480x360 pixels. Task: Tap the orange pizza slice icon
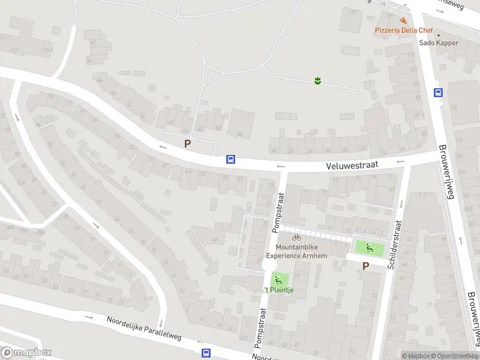tap(401, 20)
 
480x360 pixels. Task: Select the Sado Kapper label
tap(439, 43)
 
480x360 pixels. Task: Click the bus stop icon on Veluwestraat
tap(230, 160)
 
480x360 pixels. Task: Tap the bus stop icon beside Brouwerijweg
tap(439, 92)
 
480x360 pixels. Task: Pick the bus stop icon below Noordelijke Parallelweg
tap(206, 353)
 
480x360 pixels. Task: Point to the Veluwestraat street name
tap(351, 166)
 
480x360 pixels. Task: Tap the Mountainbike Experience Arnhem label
tap(297, 251)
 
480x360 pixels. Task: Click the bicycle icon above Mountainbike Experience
tap(296, 238)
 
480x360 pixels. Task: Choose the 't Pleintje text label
tap(278, 290)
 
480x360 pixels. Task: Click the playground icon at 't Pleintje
tap(277, 279)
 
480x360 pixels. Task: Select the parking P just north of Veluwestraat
tap(187, 144)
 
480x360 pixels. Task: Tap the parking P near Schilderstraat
tap(365, 266)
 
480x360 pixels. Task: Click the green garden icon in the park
tap(317, 80)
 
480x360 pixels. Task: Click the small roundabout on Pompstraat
tap(269, 265)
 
